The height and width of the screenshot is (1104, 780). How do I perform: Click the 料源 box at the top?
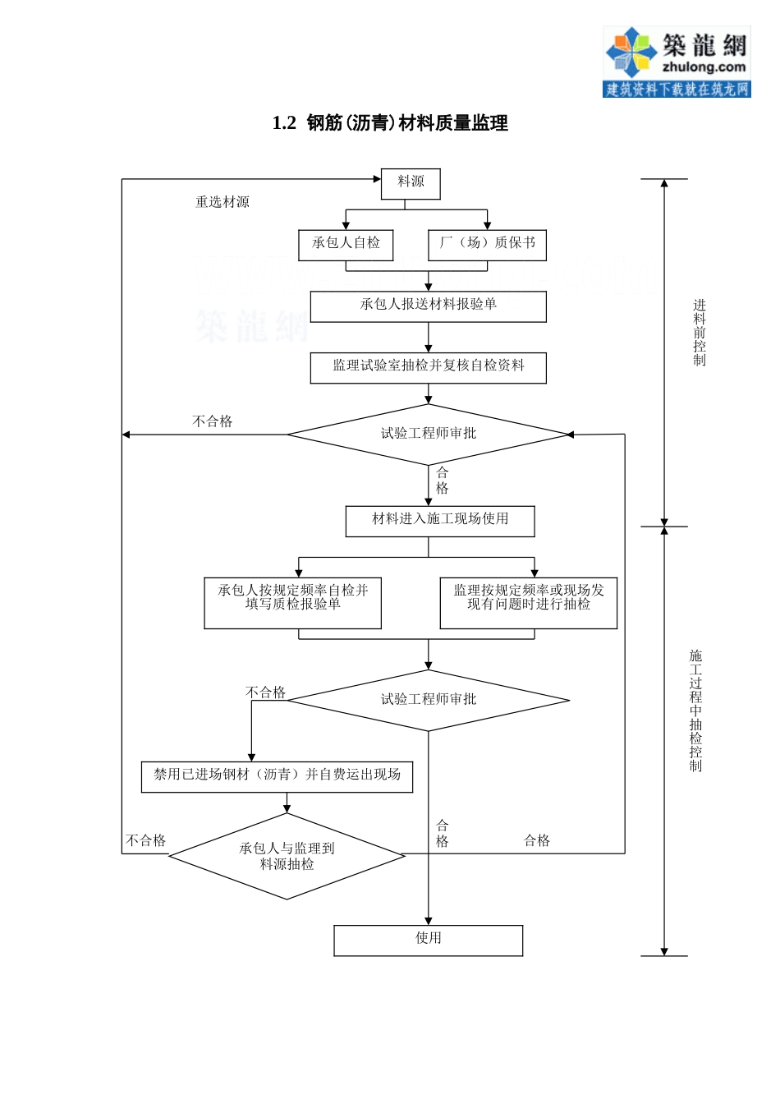(411, 183)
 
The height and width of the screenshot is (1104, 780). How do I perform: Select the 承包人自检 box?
(346, 244)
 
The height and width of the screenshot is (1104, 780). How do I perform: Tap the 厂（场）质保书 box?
(487, 244)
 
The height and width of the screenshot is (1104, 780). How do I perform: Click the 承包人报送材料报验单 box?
(428, 306)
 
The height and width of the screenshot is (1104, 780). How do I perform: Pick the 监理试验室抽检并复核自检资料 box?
(428, 367)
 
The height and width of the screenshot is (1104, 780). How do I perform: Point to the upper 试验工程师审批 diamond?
(428, 434)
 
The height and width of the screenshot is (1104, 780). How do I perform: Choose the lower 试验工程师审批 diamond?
(428, 700)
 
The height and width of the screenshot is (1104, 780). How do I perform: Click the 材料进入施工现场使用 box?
(440, 521)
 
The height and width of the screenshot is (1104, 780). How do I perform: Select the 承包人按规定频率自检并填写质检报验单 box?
(292, 602)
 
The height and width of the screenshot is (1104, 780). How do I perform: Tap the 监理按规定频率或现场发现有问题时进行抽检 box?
(528, 602)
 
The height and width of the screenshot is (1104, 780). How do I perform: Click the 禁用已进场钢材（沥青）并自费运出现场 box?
(277, 776)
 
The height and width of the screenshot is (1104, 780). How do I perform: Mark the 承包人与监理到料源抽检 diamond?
(287, 856)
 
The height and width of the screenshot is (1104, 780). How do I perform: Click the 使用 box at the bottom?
(428, 940)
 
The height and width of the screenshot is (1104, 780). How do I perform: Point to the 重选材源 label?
(222, 202)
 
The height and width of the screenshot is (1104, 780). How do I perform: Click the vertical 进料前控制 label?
(699, 333)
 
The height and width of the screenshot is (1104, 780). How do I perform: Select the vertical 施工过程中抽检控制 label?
(695, 711)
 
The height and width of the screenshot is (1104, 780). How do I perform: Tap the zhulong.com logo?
(677, 62)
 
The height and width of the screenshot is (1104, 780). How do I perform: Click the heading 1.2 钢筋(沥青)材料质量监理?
(390, 123)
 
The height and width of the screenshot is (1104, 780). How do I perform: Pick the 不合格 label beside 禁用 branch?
(265, 692)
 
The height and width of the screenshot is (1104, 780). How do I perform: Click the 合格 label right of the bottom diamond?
(537, 840)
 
